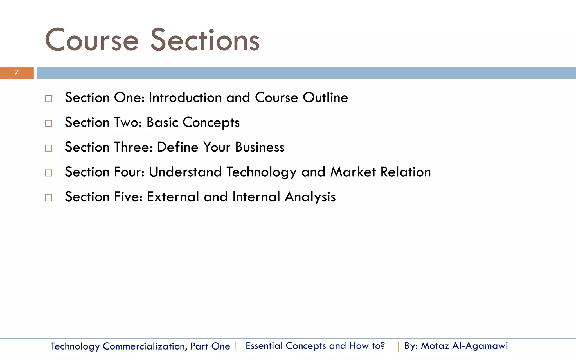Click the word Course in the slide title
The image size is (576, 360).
[92, 40]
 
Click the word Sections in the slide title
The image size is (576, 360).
[205, 40]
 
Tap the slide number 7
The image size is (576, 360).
[16, 73]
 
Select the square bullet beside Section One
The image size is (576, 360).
[49, 98]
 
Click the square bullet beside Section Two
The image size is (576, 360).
[49, 123]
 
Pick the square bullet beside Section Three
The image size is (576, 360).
[49, 148]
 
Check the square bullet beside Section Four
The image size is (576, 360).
[49, 173]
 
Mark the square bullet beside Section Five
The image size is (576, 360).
[49, 197]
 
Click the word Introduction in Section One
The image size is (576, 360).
[185, 98]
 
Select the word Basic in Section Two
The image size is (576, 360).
[162, 122]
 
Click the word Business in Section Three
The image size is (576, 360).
[260, 147]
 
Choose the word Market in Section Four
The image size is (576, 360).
[353, 172]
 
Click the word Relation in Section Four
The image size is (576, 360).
[406, 172]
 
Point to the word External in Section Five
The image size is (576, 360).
[173, 197]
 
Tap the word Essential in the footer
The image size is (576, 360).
[264, 346]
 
